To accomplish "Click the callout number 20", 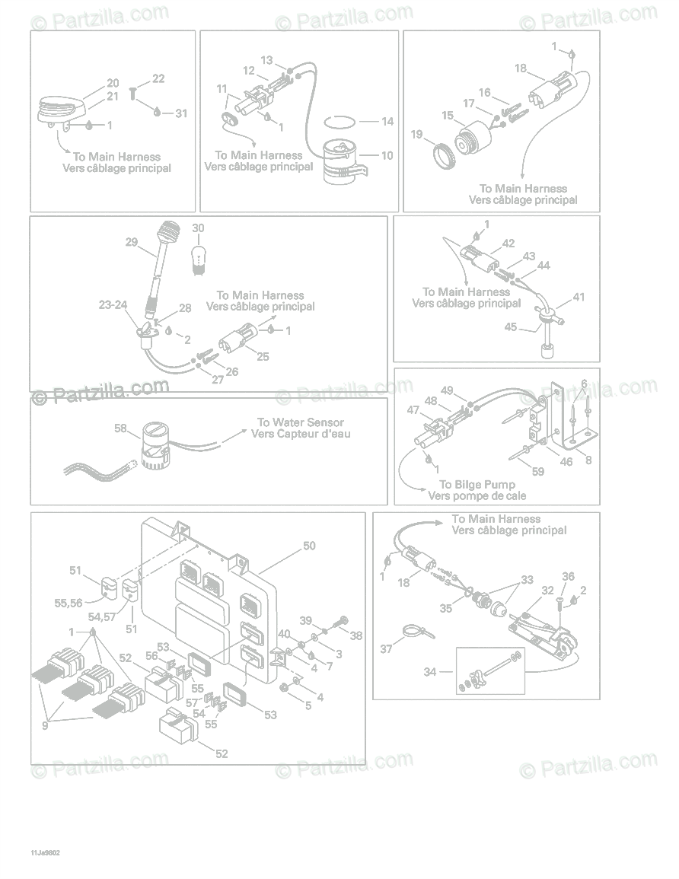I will (x=113, y=83).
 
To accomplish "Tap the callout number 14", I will (x=387, y=121).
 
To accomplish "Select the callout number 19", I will (x=416, y=135).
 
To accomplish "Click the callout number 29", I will (x=132, y=242).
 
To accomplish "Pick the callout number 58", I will (x=120, y=428).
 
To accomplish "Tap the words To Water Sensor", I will (x=300, y=422).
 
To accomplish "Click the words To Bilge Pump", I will (x=477, y=485).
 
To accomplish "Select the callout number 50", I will (x=309, y=546).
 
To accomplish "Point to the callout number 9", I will (x=45, y=725).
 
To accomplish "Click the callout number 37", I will (x=387, y=649).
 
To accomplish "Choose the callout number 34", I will (x=430, y=672).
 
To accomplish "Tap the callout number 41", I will (x=579, y=297).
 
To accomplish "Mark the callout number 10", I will (x=387, y=156).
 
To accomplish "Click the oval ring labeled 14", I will (x=339, y=122).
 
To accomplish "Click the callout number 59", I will (x=537, y=472).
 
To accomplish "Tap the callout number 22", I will (x=158, y=78).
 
